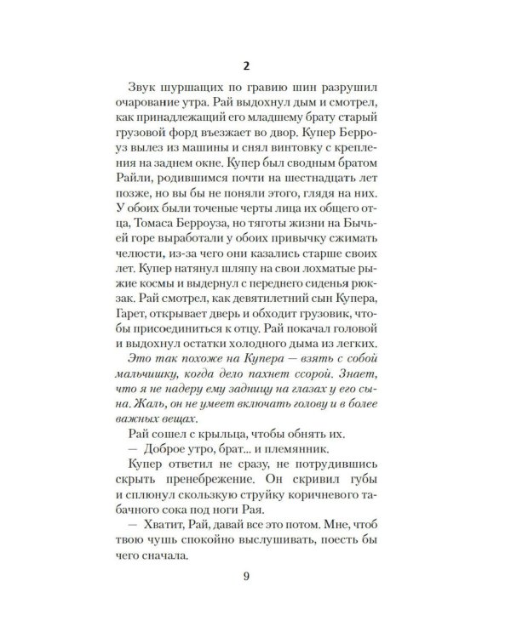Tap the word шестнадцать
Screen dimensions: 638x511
tap(301, 189)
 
